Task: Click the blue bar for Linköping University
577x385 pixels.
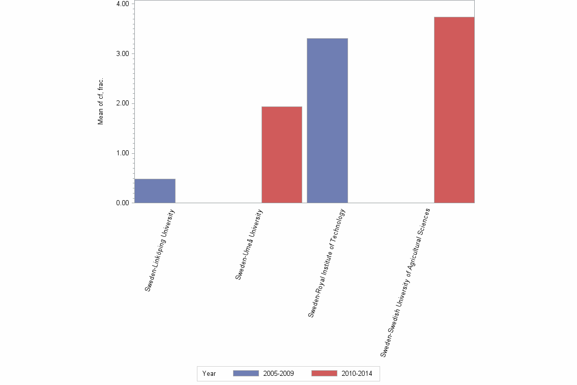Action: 155,191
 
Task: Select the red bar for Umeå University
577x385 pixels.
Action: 282,155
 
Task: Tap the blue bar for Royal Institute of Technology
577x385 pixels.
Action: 327,121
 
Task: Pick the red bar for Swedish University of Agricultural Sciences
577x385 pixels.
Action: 454,110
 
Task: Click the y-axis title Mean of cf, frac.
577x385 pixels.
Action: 101,102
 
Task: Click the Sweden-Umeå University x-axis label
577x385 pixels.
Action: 250,243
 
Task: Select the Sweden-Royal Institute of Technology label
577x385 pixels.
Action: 327,263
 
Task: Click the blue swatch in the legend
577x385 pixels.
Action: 246,373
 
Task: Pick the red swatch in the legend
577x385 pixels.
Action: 324,373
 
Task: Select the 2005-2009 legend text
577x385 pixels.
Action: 278,373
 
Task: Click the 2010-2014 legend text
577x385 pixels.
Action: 357,373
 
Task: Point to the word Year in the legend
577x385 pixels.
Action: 209,373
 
